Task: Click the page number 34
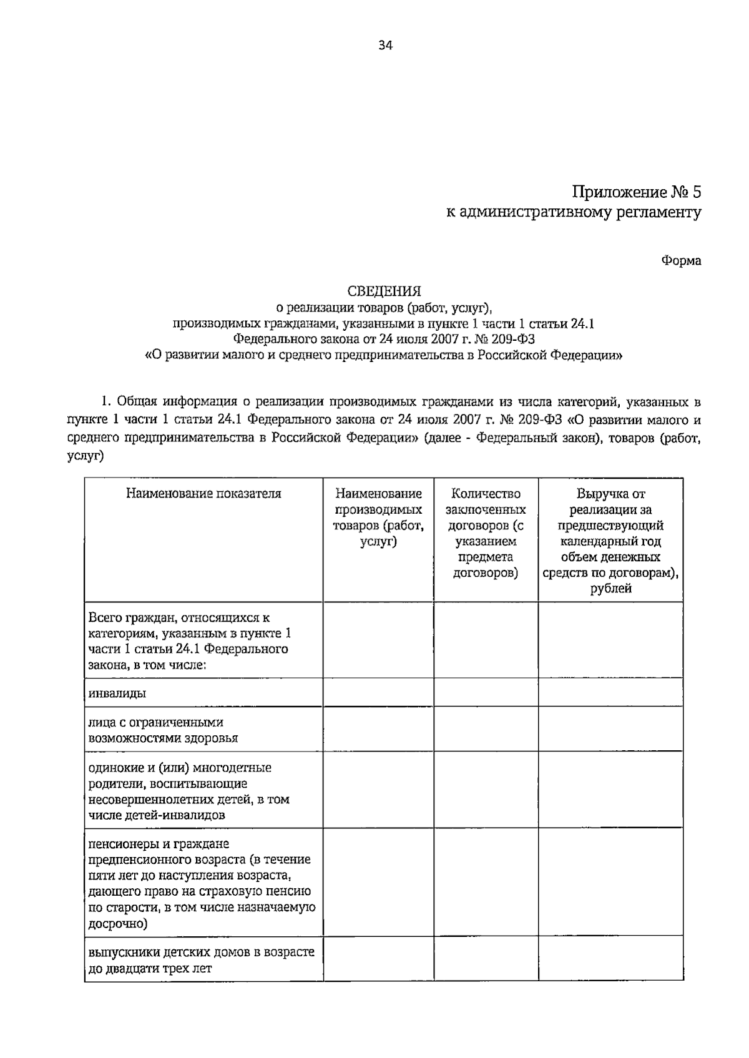click(384, 45)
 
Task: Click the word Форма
click(681, 261)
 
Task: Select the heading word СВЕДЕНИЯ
click(384, 291)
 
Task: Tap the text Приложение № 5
click(637, 192)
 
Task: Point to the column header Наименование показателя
click(203, 494)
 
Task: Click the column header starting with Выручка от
click(610, 541)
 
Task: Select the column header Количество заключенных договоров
click(485, 533)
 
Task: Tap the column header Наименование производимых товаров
click(378, 517)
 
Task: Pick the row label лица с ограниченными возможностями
click(163, 730)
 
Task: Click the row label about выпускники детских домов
click(201, 960)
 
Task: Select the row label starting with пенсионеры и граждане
click(201, 883)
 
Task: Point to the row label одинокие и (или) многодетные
click(188, 791)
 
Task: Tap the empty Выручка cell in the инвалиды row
click(610, 693)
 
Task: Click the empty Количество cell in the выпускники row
click(485, 959)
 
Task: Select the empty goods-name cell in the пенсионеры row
click(378, 883)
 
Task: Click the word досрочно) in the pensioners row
click(118, 924)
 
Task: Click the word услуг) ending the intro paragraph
click(85, 457)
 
